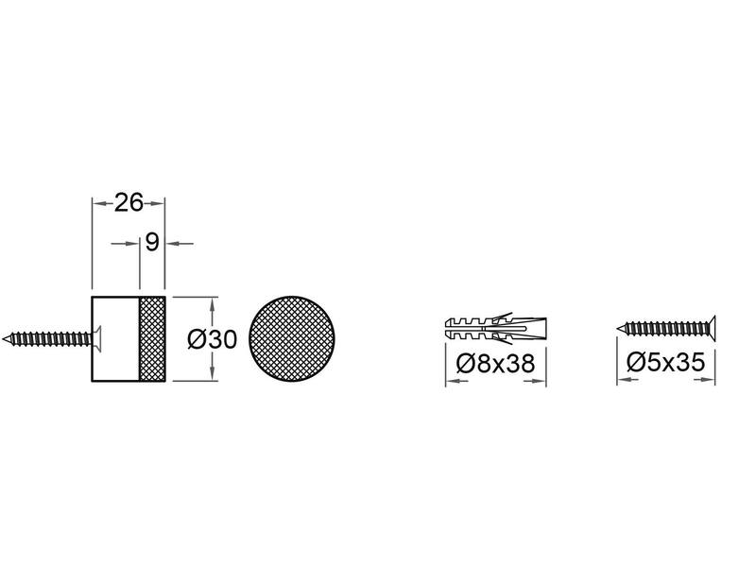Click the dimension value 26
[x=129, y=202]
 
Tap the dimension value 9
[x=152, y=242]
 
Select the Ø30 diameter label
[x=212, y=339]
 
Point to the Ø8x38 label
[x=495, y=363]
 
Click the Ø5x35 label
[x=666, y=362]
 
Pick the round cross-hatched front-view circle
[x=292, y=338]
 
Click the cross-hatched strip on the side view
[x=152, y=339]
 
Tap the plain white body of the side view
[x=115, y=339]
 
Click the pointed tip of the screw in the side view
[x=3, y=338]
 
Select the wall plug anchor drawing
[x=495, y=328]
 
